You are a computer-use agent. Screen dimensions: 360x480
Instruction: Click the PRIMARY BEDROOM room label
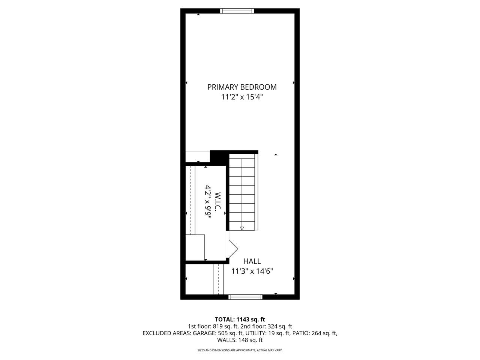(242, 87)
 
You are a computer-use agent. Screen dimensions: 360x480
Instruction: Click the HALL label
(252, 261)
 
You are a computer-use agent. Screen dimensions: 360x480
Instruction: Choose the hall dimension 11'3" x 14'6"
(252, 271)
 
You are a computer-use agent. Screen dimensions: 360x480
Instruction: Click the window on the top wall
(237, 11)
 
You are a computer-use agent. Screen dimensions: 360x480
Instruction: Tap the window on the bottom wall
(245, 297)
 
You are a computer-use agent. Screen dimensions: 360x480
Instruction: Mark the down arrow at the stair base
(242, 228)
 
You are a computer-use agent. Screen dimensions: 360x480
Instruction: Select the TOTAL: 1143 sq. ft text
(240, 319)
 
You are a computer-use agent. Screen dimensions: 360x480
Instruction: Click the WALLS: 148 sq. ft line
(240, 340)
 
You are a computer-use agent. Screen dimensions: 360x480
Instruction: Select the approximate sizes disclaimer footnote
(240, 350)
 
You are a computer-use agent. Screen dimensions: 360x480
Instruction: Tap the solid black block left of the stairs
(219, 157)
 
